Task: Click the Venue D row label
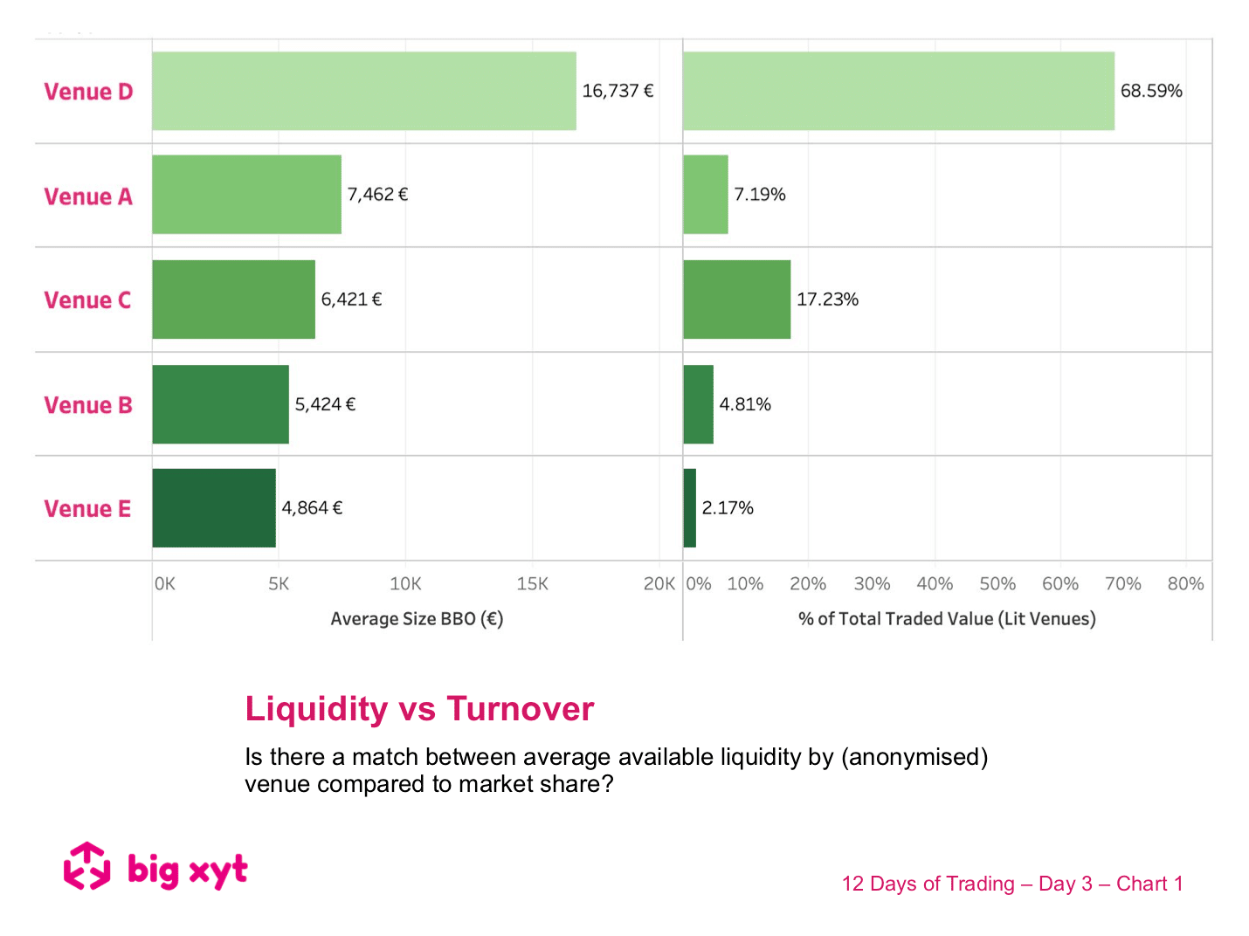pyautogui.click(x=88, y=92)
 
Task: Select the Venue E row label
pyautogui.click(x=87, y=509)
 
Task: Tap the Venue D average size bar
pyautogui.click(x=363, y=91)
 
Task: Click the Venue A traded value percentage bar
pyautogui.click(x=705, y=195)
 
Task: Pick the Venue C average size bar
pyautogui.click(x=233, y=299)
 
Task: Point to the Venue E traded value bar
pyautogui.click(x=689, y=508)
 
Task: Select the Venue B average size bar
pyautogui.click(x=220, y=404)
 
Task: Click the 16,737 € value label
pyautogui.click(x=618, y=91)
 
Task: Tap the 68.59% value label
pyautogui.click(x=1150, y=91)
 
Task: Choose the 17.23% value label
pyautogui.click(x=827, y=299)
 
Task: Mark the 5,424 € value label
pyautogui.click(x=325, y=404)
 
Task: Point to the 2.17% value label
pyautogui.click(x=727, y=508)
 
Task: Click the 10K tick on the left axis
pyautogui.click(x=405, y=584)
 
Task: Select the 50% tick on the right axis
pyautogui.click(x=997, y=584)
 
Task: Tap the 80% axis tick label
pyautogui.click(x=1185, y=584)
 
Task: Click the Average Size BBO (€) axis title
pyautogui.click(x=417, y=619)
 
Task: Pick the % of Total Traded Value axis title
pyautogui.click(x=947, y=619)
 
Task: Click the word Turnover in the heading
pyautogui.click(x=521, y=709)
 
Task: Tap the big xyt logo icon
pyautogui.click(x=87, y=866)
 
